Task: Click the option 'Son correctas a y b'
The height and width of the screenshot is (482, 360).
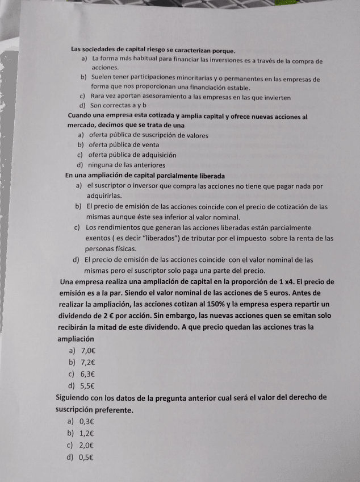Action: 118,106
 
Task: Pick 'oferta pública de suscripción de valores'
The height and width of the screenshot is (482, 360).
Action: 148,135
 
